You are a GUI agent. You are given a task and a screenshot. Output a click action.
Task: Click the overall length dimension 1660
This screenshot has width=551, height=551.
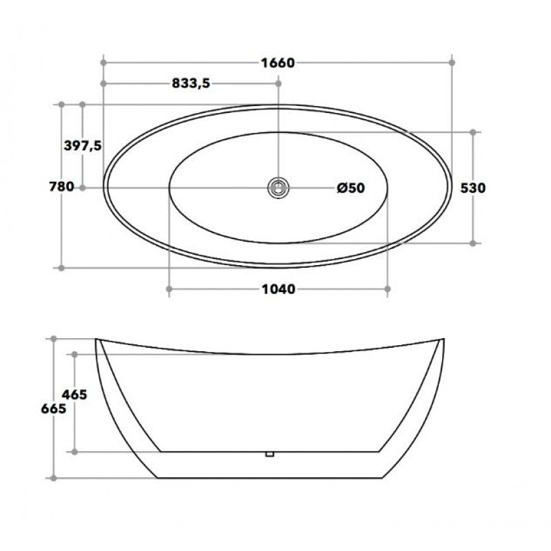(x=278, y=63)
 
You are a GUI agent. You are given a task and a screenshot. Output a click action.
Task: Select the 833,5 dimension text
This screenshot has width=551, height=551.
(x=189, y=83)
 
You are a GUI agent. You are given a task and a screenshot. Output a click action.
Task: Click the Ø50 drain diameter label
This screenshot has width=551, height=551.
(x=350, y=188)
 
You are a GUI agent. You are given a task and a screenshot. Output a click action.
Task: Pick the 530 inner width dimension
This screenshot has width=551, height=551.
(x=475, y=188)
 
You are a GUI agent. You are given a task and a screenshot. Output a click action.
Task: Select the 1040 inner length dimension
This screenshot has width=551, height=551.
(x=278, y=289)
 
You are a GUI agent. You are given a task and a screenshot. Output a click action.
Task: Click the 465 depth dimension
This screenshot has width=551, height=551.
(x=74, y=395)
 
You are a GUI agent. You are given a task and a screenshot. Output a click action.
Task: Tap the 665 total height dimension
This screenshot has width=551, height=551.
(x=53, y=408)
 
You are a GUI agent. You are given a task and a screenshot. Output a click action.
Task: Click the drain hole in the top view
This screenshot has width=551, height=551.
(x=278, y=187)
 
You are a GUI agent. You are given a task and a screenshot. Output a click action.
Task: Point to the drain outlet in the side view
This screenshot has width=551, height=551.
(x=270, y=453)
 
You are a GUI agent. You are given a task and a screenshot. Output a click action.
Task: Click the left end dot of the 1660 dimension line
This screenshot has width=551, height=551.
(x=103, y=63)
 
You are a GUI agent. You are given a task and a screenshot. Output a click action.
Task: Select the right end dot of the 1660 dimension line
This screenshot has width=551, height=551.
(x=452, y=63)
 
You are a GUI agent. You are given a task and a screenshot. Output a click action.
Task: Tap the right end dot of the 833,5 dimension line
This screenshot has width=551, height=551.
(x=278, y=83)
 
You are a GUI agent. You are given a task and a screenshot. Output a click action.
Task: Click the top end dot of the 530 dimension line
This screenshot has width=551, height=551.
(x=474, y=132)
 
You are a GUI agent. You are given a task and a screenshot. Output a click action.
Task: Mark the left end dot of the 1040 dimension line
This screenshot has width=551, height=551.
(x=169, y=289)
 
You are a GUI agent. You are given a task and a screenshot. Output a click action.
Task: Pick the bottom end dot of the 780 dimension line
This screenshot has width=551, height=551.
(x=61, y=267)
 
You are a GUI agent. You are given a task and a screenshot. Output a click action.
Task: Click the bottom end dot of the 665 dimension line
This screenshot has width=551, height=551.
(x=53, y=477)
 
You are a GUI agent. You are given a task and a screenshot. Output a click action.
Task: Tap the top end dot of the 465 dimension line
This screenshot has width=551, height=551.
(x=74, y=354)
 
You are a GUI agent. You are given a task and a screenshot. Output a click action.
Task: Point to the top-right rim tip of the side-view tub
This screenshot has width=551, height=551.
(x=443, y=339)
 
